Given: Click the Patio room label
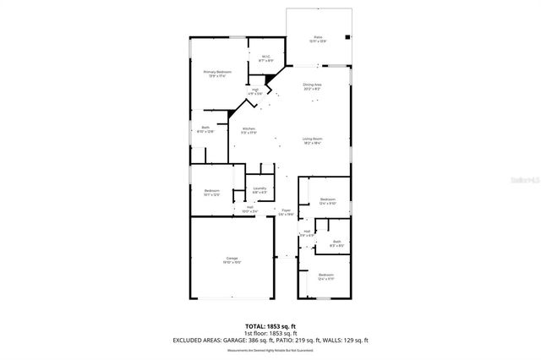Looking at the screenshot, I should coord(318,38).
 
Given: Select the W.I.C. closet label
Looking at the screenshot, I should coord(265,58).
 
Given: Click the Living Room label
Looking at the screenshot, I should coord(312,140).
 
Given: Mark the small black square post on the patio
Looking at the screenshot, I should coord(347,36).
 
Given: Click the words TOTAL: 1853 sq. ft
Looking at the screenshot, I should coord(270,324).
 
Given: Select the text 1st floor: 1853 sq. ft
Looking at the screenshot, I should coord(270,331).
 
